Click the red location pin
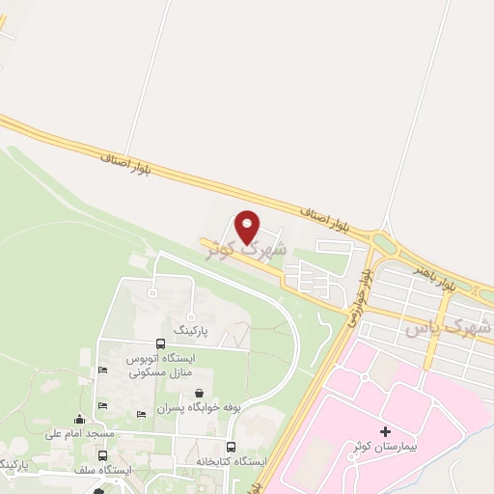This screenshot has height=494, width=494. [248, 227]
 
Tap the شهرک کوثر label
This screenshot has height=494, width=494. [247, 248]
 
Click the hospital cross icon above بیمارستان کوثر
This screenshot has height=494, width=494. [386, 431]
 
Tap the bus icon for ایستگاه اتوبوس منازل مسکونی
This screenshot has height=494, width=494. [159, 343]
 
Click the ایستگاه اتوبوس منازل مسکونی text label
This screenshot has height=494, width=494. [160, 365]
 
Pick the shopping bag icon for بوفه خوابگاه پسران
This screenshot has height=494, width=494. [199, 393]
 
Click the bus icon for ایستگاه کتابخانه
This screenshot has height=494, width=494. [231, 447]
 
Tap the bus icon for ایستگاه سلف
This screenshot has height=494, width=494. [103, 454]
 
